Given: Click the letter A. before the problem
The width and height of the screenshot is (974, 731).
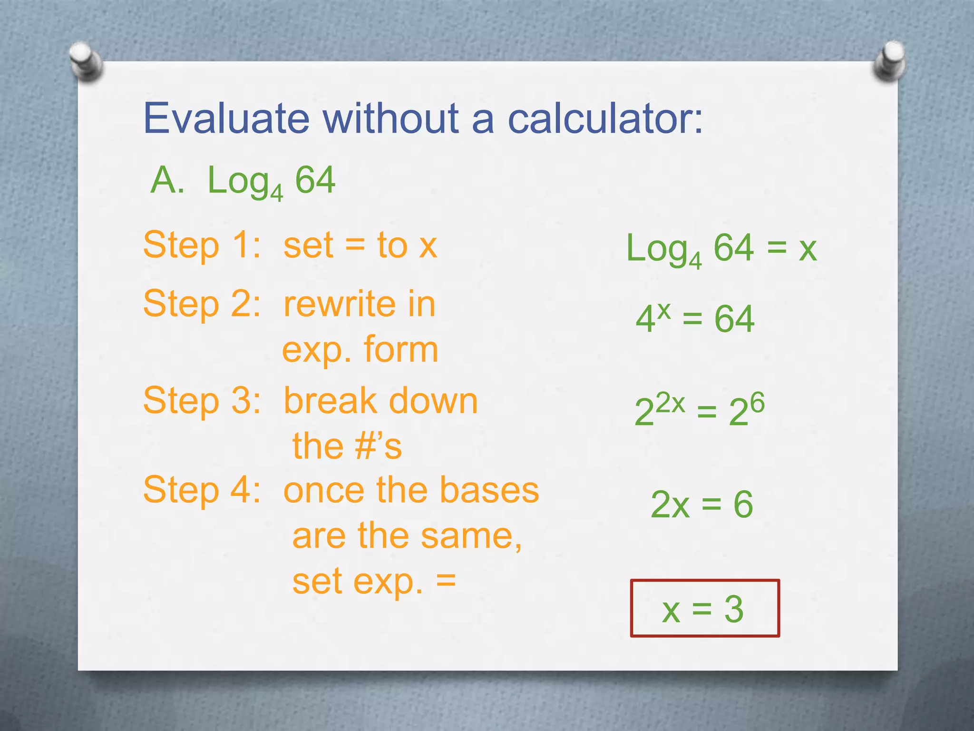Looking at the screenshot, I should click(x=167, y=181).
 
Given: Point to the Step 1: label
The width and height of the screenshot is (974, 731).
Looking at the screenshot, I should click(x=202, y=246).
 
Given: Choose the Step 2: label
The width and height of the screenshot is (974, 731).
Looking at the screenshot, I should click(x=202, y=305).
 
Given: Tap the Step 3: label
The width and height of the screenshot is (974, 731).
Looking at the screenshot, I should click(x=202, y=401).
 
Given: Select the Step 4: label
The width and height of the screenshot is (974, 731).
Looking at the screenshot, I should click(x=202, y=490).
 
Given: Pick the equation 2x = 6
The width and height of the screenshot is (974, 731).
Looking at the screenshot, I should click(x=701, y=504).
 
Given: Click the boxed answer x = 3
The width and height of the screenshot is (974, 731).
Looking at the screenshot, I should click(x=704, y=608).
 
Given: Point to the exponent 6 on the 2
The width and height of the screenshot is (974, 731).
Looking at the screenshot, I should click(x=757, y=403).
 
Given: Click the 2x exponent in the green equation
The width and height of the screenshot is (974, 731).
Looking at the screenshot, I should click(x=670, y=404).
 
